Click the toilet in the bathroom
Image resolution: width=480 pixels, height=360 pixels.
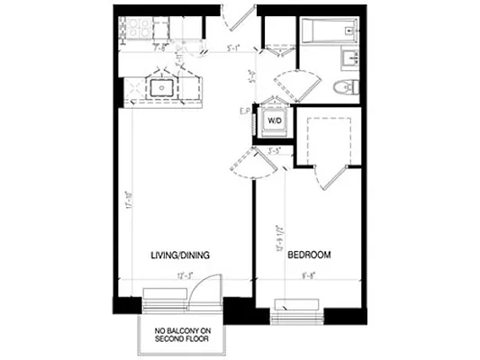(344, 87)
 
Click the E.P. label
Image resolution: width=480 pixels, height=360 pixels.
(243, 112)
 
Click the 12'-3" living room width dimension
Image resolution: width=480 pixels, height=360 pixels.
(185, 274)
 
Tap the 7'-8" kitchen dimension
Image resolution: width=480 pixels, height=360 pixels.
(158, 47)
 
